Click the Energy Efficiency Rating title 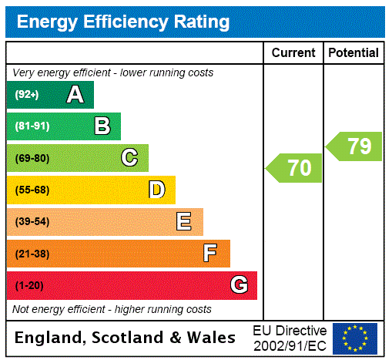click(123, 22)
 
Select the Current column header click(293, 53)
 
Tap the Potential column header click(353, 53)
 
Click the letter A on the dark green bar click(75, 95)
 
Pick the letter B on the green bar click(102, 126)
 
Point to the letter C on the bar click(129, 158)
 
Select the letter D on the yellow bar click(156, 190)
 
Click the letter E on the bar click(184, 222)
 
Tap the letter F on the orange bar click(210, 254)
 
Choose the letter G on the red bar click(239, 285)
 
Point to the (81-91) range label click(32, 126)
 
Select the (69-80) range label click(32, 158)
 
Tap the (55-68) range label click(32, 190)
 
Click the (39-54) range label click(32, 222)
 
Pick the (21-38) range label click(32, 254)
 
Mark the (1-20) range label click(29, 285)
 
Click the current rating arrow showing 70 click(295, 168)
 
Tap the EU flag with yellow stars click(355, 338)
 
